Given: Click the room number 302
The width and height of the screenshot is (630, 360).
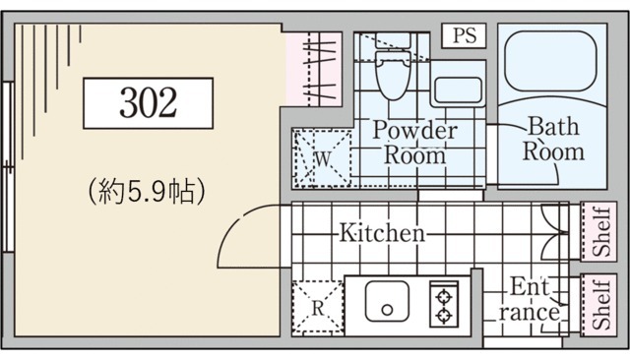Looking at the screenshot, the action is (x=149, y=102).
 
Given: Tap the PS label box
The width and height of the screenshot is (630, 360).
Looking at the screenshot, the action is (x=464, y=35).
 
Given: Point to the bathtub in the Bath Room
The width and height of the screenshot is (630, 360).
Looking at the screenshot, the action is (x=550, y=61).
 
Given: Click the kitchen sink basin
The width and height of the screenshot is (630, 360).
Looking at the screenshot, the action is (x=387, y=301).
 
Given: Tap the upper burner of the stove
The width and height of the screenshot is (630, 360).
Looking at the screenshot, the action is (x=444, y=298).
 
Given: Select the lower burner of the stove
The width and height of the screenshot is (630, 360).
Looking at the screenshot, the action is (x=444, y=316).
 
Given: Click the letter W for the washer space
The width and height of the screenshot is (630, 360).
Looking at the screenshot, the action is (x=323, y=159).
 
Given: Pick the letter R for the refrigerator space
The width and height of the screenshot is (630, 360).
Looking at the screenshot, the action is (x=318, y=308).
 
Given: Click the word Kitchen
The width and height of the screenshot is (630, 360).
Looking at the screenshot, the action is (x=382, y=232).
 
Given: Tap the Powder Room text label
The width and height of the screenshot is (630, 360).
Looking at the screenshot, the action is (x=415, y=142).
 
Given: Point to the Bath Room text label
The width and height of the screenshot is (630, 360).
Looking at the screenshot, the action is (x=553, y=139).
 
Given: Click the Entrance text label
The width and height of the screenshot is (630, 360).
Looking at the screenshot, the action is (x=530, y=299).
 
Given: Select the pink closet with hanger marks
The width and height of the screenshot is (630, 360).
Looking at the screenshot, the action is (x=313, y=69).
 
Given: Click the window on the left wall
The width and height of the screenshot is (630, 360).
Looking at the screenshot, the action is (x=8, y=167).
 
